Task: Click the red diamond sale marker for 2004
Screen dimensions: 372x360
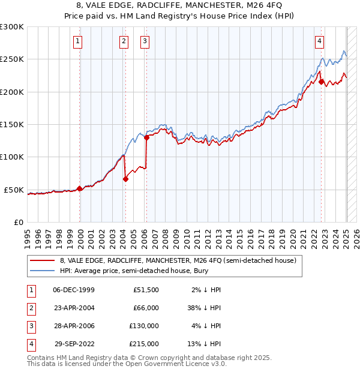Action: click(x=125, y=179)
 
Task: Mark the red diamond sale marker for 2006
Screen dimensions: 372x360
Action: click(x=147, y=137)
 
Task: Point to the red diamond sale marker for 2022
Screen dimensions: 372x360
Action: click(x=322, y=82)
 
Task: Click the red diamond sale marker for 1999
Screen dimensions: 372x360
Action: click(x=80, y=188)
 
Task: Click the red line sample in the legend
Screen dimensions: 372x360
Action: click(x=42, y=261)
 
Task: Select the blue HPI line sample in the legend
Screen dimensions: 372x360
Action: click(x=42, y=272)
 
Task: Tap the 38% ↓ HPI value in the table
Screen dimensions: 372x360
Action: click(x=204, y=308)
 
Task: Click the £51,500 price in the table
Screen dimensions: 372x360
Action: click(x=146, y=290)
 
